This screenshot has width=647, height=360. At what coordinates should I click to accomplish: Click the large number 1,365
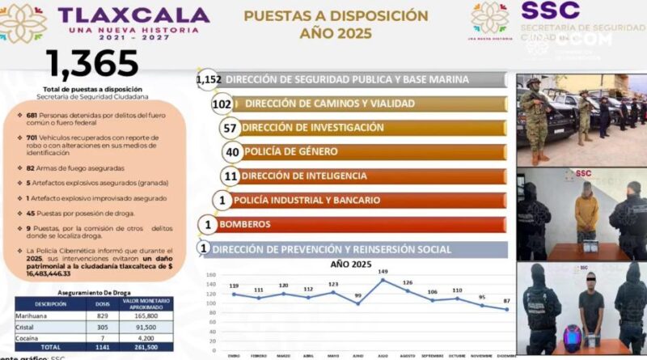point(92,64)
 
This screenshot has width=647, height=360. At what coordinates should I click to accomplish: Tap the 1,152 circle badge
point(209,79)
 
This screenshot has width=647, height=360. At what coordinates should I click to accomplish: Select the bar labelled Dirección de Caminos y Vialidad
point(329,104)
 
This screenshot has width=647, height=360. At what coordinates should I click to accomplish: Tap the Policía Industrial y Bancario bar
point(302,200)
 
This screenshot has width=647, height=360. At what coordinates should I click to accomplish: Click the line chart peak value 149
point(382,272)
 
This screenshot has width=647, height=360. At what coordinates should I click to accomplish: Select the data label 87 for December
point(505,300)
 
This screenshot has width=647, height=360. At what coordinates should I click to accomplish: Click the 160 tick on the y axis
point(211,275)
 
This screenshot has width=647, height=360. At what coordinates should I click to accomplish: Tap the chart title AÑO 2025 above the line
point(353,264)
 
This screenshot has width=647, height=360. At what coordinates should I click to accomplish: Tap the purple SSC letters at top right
point(550,11)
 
